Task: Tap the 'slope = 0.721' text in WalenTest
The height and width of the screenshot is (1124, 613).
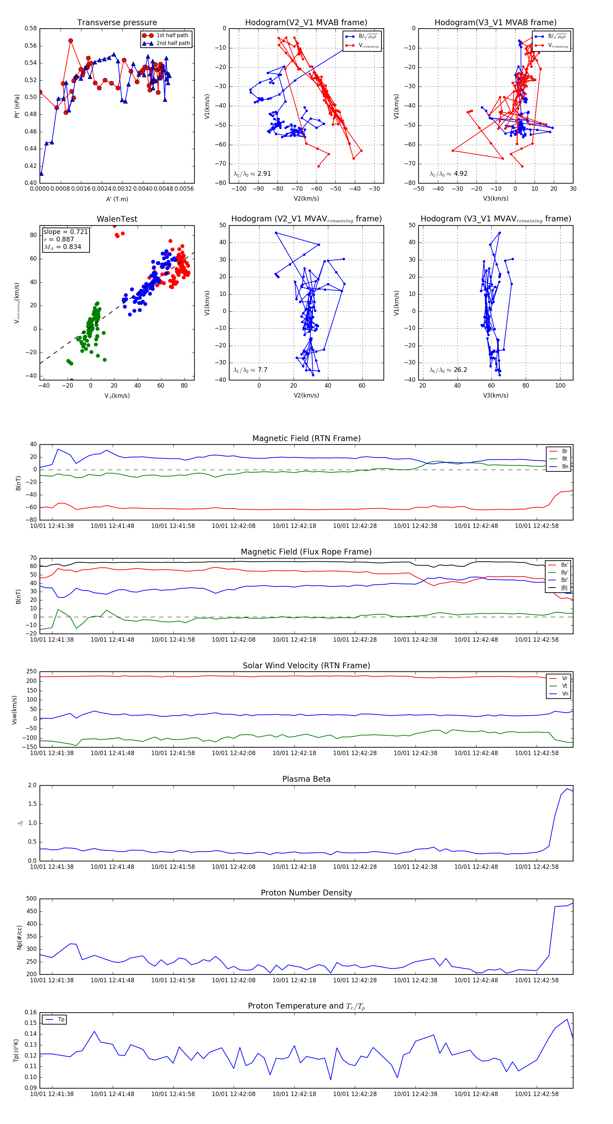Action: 65,232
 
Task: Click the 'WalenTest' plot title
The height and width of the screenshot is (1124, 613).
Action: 117,219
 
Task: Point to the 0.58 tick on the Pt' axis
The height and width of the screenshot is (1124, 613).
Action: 31,28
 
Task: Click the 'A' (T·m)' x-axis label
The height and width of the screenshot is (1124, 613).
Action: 117,199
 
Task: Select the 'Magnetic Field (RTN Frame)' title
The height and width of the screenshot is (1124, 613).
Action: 306,438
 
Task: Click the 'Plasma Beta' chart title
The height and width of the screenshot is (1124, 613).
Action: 306,779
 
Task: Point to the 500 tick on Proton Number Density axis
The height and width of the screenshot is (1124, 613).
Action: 31,899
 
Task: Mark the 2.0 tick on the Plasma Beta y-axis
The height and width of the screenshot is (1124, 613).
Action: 32,785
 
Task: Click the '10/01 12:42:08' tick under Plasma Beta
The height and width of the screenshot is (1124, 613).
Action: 233,867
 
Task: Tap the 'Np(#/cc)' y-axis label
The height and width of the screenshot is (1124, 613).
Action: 19,937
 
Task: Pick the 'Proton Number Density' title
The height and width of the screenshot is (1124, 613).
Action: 306,893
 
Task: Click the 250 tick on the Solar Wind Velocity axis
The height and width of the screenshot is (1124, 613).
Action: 31,672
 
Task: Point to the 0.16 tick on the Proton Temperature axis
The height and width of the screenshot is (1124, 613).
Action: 31,1012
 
